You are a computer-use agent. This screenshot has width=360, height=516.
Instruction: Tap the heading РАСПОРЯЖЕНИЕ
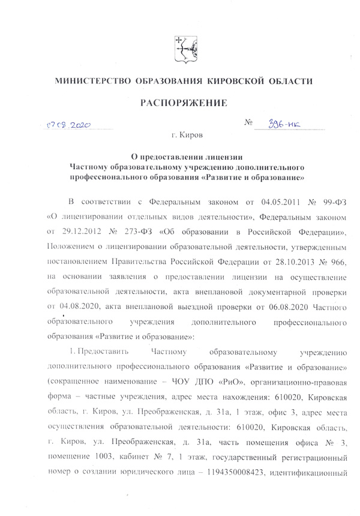(x=183, y=103)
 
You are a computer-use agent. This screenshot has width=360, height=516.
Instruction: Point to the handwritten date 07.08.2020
(x=68, y=127)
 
